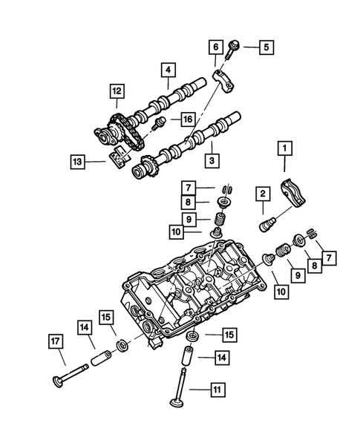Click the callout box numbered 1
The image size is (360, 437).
click(282, 150)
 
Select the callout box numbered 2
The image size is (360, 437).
click(262, 194)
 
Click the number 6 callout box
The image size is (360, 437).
click(215, 47)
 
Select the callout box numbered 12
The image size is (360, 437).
click(115, 91)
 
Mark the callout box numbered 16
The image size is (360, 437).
click(188, 119)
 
